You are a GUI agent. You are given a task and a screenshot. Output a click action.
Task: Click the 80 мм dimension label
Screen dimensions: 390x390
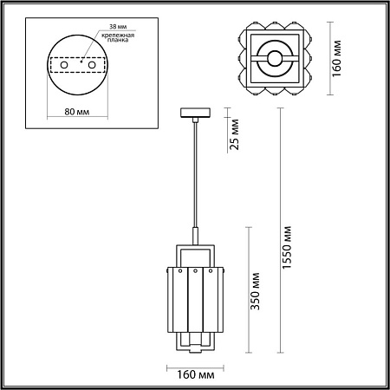coord(77,112)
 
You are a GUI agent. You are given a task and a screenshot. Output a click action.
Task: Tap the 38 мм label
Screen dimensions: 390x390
coord(118,27)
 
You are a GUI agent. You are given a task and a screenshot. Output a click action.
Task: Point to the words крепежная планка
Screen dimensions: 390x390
coord(118,37)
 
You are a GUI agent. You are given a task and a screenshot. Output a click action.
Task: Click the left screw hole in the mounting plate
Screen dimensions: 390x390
coord(64,65)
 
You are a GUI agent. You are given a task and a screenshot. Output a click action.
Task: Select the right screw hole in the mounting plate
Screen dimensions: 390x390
coord(92,65)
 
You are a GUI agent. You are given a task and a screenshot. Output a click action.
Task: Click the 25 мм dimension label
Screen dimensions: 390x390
coord(235,134)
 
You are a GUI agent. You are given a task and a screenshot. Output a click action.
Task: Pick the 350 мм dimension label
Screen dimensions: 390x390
coord(255,291)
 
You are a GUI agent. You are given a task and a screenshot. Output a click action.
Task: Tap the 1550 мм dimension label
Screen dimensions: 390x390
coord(287,248)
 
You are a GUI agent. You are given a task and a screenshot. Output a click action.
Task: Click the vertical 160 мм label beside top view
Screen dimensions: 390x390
coord(336,59)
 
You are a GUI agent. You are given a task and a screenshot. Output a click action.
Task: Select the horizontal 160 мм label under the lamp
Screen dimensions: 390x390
coord(196,375)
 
